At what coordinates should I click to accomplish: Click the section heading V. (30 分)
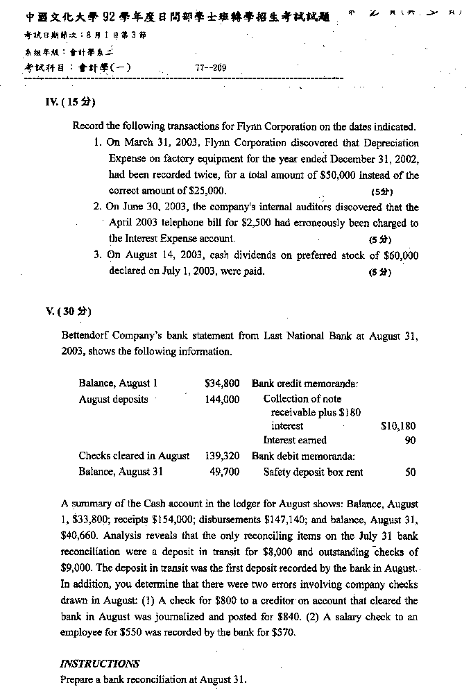tap(67, 310)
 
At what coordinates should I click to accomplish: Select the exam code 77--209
tap(212, 68)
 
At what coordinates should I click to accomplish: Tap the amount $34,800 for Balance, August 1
tap(222, 383)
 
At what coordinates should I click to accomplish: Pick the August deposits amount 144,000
tap(222, 400)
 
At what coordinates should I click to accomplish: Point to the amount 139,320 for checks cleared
tap(222, 456)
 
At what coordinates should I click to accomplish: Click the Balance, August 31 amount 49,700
tap(224, 472)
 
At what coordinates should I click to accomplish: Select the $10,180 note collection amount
tap(398, 426)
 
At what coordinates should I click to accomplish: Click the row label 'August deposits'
tap(113, 400)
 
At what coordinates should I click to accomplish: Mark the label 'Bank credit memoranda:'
tap(305, 383)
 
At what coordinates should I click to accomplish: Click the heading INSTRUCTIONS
tap(100, 663)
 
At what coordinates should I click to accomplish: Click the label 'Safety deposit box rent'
tap(313, 472)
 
